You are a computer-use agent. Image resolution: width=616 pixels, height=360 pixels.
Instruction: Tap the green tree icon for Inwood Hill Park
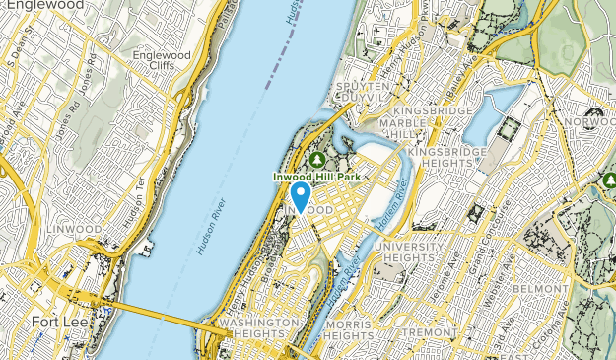click(317, 158)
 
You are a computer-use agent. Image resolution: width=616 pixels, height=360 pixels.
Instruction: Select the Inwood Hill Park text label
click(317, 177)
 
